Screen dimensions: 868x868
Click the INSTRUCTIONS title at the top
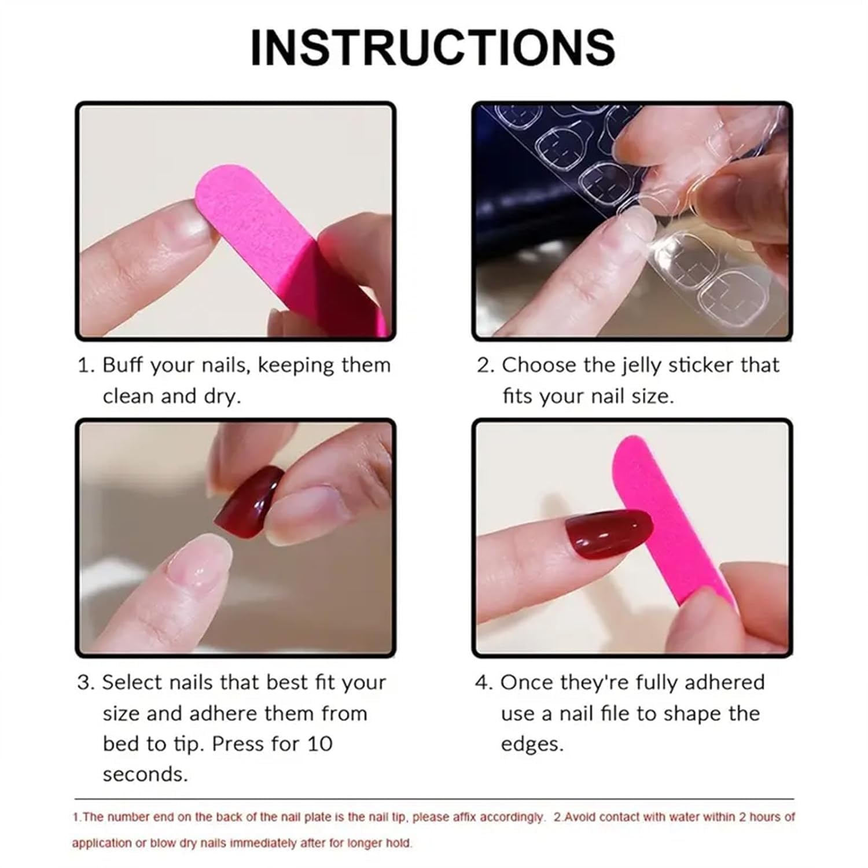(x=433, y=47)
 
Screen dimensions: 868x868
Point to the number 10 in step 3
(x=320, y=744)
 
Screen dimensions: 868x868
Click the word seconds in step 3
(x=145, y=774)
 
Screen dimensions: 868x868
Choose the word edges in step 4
(x=531, y=744)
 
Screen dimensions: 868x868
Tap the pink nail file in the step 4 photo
(x=671, y=532)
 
